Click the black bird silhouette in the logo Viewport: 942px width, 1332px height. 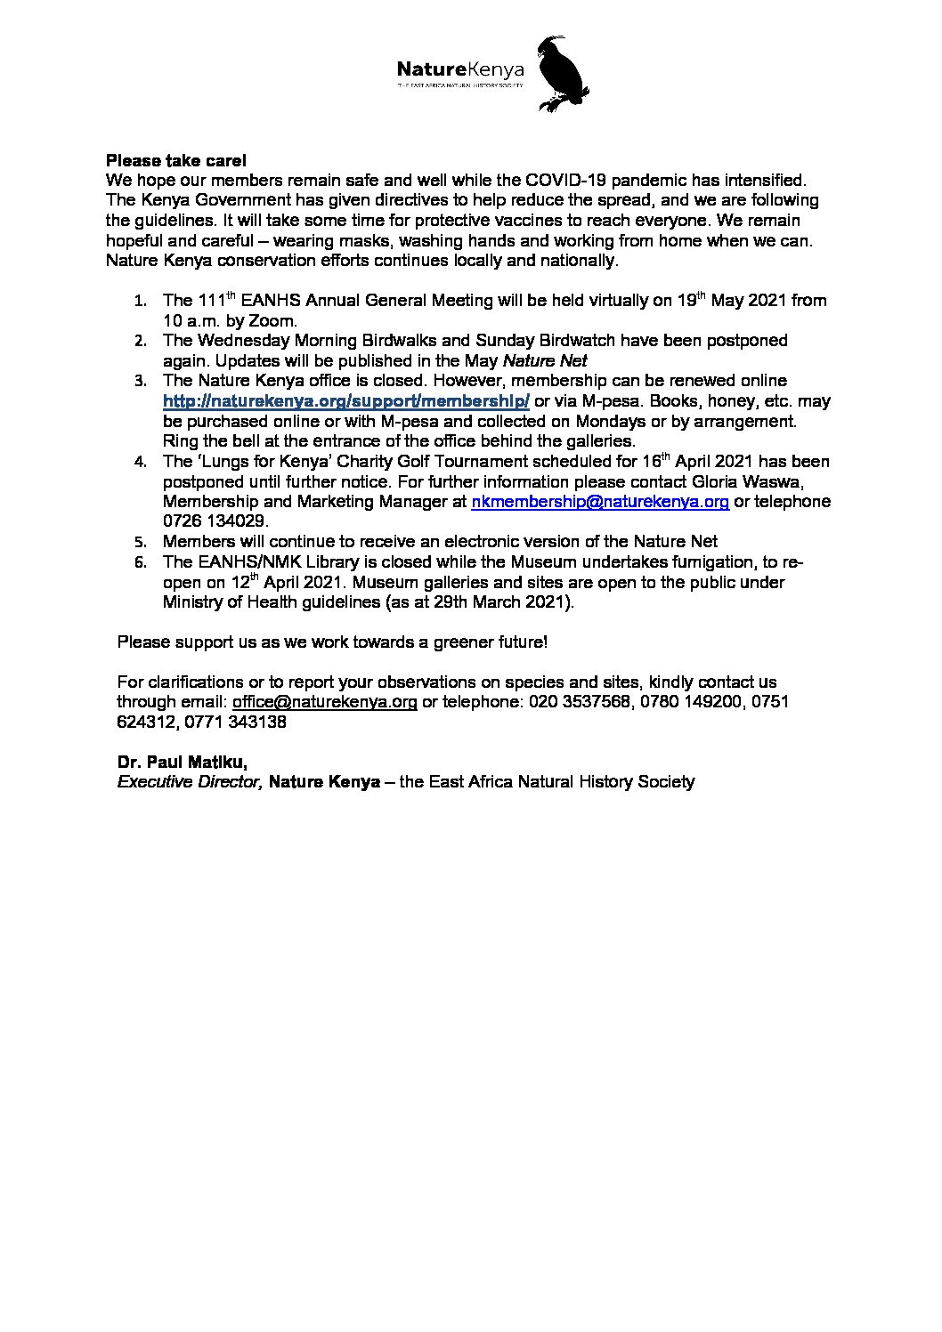pyautogui.click(x=565, y=75)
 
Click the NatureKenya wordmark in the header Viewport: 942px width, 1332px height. pyautogui.click(x=459, y=69)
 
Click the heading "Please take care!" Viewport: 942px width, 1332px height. pyautogui.click(x=170, y=161)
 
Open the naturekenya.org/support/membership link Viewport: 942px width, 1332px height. pyautogui.click(x=346, y=401)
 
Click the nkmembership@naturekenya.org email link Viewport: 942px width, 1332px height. pyautogui.click(x=600, y=502)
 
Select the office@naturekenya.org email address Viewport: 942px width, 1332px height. pyautogui.click(x=325, y=702)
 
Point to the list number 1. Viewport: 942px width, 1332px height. pyautogui.click(x=141, y=302)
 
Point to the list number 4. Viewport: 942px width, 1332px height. pyautogui.click(x=141, y=463)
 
